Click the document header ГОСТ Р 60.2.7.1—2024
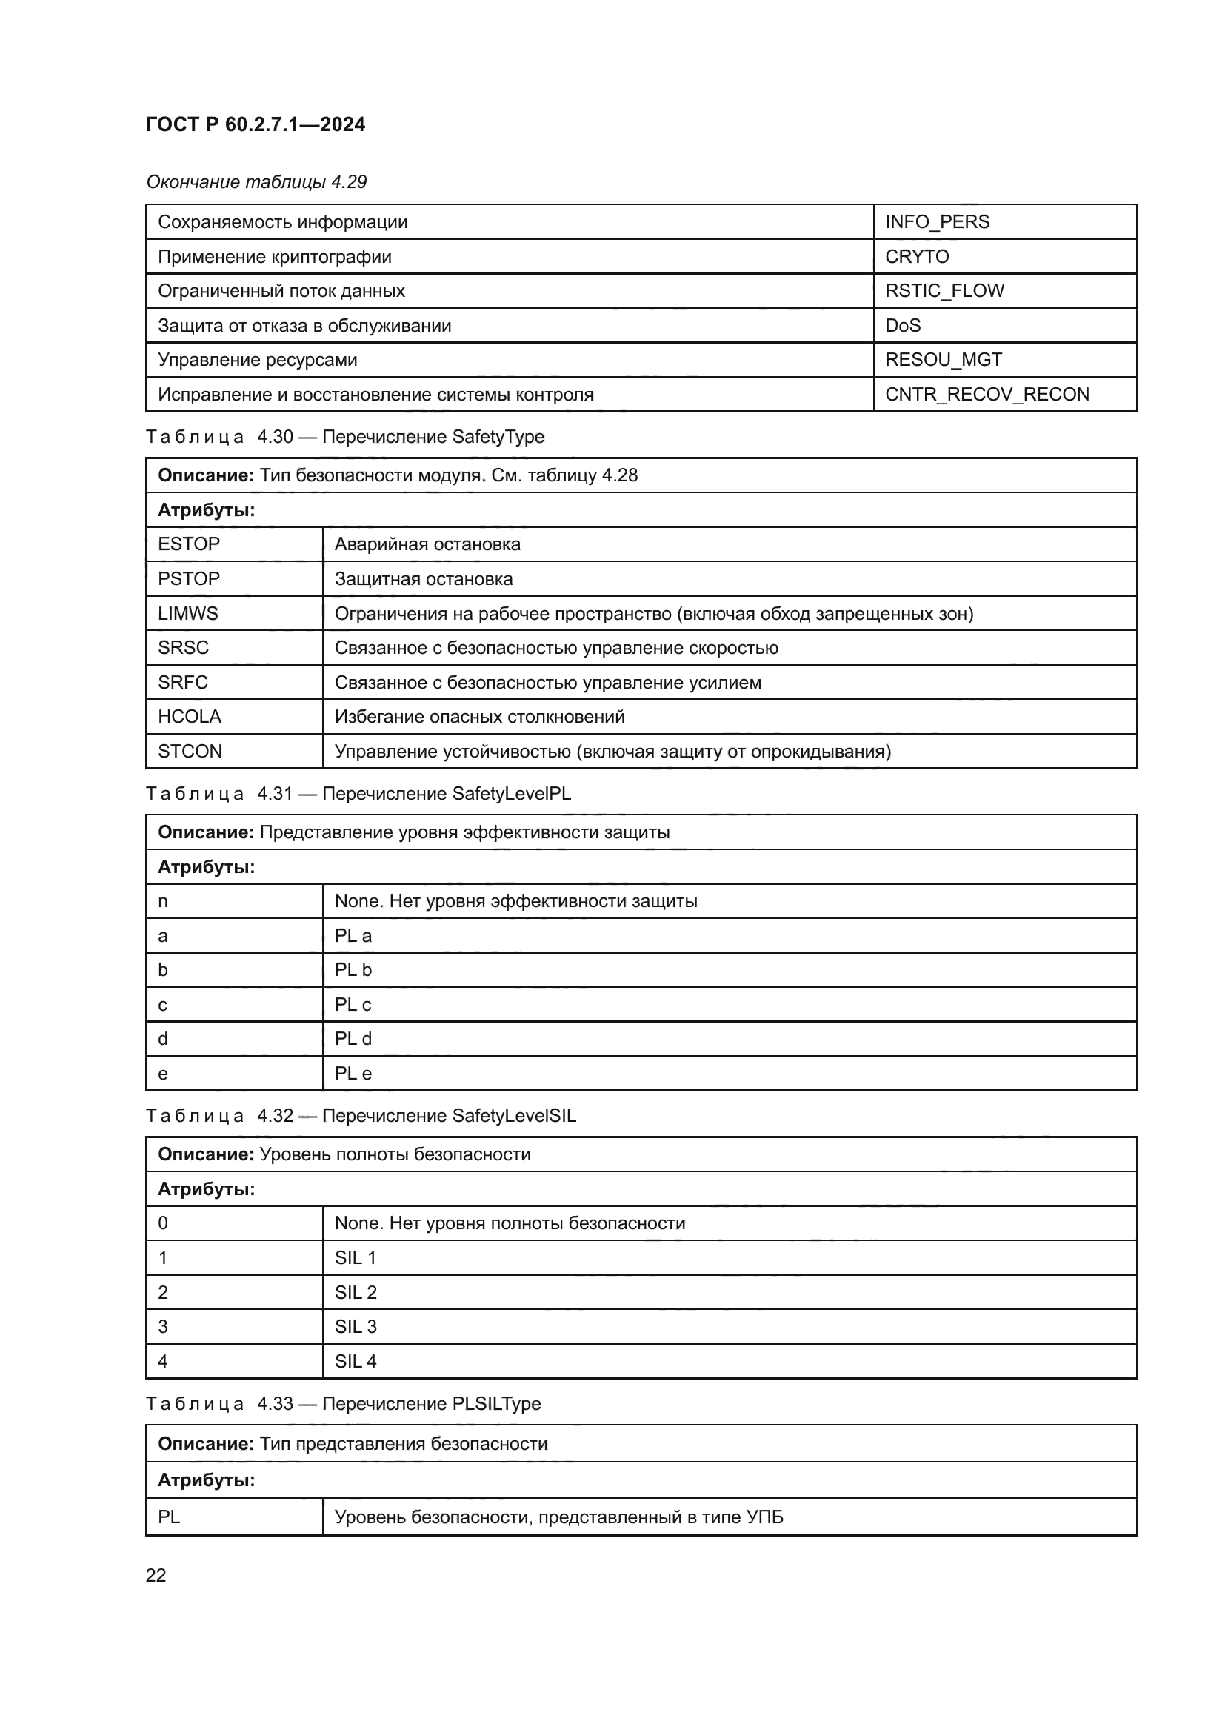pos(255,124)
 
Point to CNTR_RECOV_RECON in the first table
pos(987,394)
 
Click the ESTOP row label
pos(189,544)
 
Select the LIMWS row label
pos(188,613)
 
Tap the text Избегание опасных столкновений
pos(479,717)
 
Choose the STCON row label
pos(190,752)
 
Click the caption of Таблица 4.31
pos(358,794)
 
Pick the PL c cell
pos(353,1005)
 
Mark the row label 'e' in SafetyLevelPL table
pos(163,1074)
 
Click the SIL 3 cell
pos(356,1326)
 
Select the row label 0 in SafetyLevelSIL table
pos(163,1223)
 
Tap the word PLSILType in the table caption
pos(496,1403)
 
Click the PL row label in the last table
pos(169,1517)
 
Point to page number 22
pos(156,1576)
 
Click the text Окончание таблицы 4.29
pos(256,182)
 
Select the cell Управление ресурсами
pos(257,360)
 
